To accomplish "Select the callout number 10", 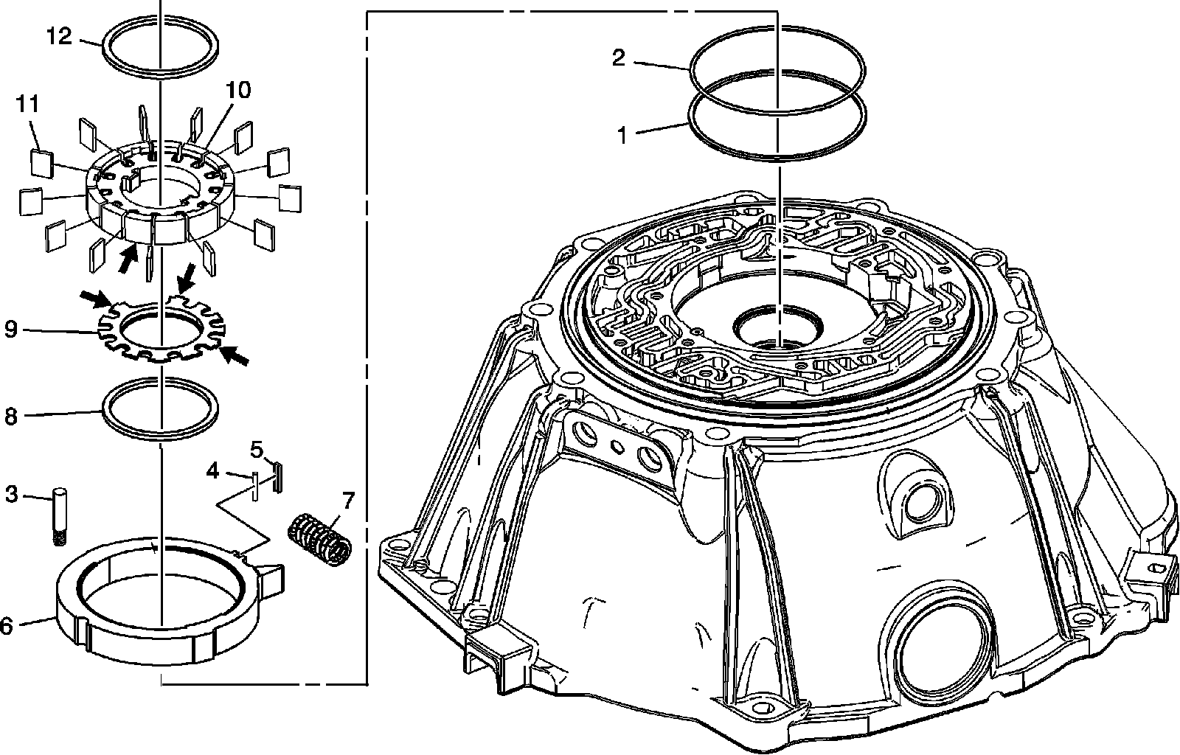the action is tap(238, 91).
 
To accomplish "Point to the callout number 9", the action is tap(10, 328).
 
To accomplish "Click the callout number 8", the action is tap(10, 417).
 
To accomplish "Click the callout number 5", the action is tap(257, 449).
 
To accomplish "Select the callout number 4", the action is tap(212, 470).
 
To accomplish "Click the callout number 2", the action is tap(619, 58).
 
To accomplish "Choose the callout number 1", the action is tap(622, 136).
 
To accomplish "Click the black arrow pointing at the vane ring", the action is tap(128, 258).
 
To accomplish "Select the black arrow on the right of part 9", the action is tap(236, 357).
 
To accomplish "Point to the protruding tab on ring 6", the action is tap(272, 571).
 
